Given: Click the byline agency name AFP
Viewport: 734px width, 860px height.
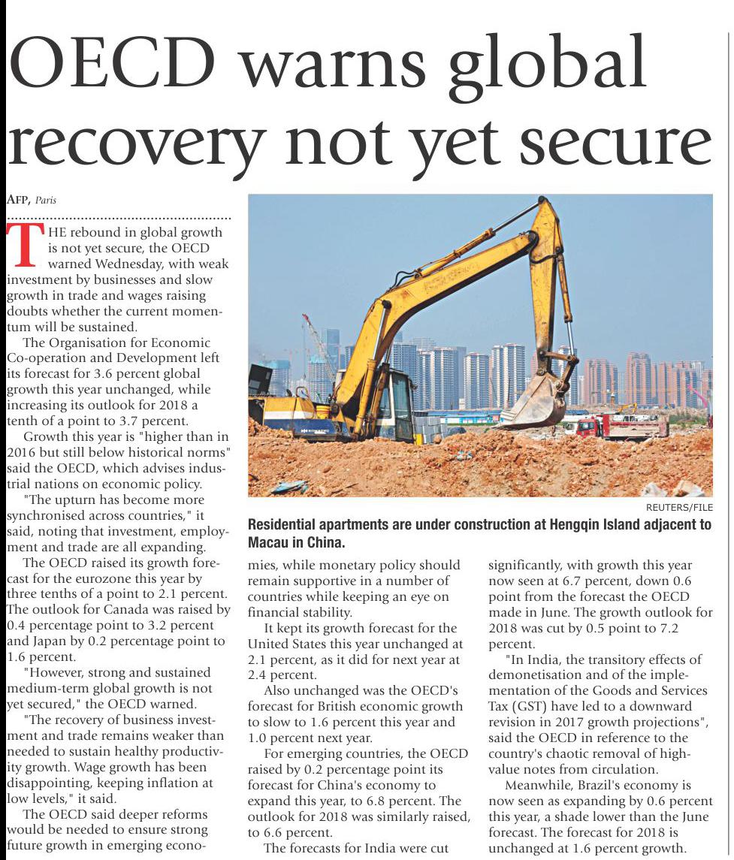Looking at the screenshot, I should click(x=17, y=200).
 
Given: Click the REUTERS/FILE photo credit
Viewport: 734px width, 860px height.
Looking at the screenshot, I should click(x=679, y=508).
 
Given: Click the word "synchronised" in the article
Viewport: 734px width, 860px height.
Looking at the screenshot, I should click(x=51, y=516).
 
